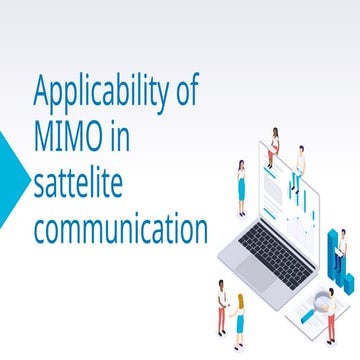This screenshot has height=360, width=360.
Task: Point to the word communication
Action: coord(121,229)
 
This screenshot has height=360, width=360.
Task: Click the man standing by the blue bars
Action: coord(342,251)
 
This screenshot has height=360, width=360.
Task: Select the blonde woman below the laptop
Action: coord(239,316)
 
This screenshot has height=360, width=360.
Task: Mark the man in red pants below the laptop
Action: coord(222,305)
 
